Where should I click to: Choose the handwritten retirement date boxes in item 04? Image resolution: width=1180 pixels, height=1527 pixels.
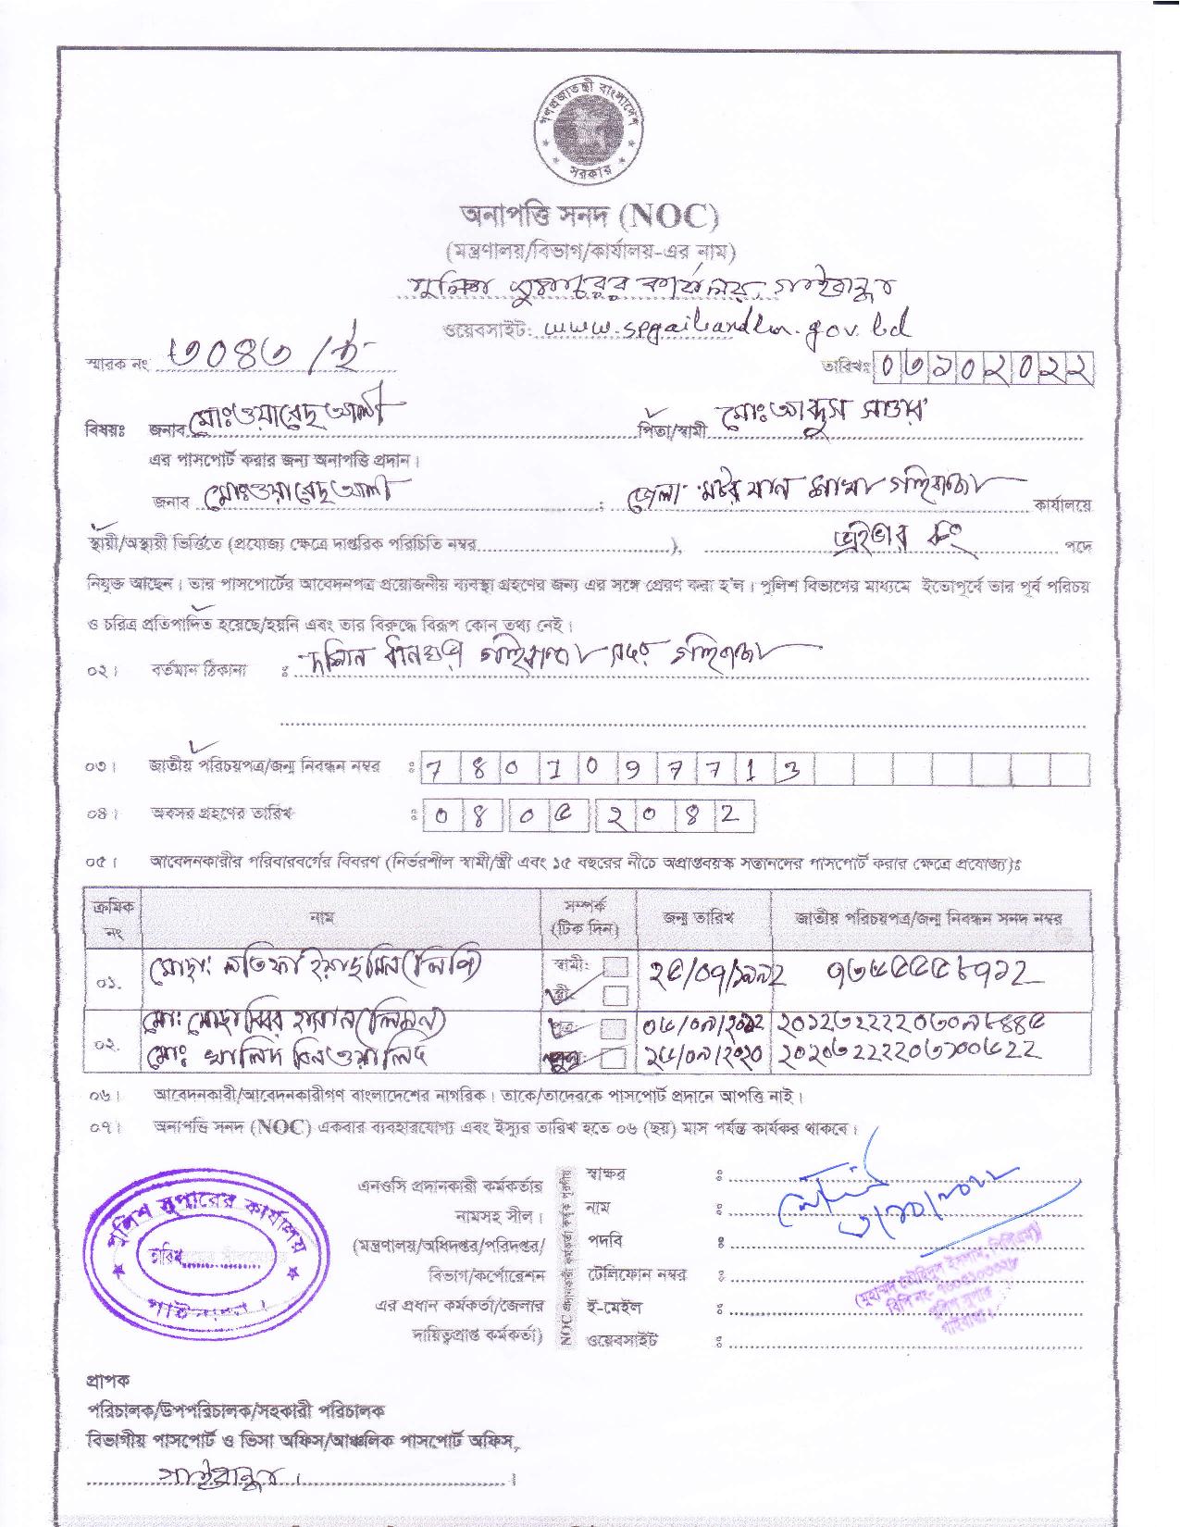(588, 815)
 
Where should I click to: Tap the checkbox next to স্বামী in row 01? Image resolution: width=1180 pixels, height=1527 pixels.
(615, 966)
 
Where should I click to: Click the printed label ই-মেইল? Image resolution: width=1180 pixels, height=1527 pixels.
(615, 1307)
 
